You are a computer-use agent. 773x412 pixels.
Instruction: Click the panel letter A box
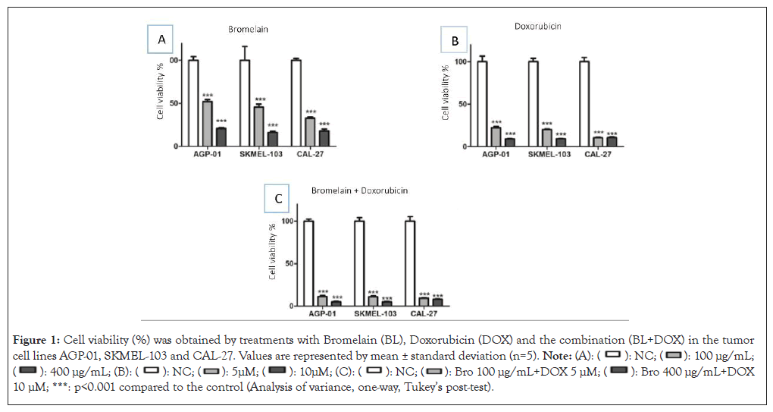click(161, 39)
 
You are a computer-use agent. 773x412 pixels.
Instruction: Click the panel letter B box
click(455, 41)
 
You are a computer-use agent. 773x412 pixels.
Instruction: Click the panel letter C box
click(278, 199)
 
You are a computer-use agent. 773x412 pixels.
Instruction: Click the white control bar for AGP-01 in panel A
click(193, 102)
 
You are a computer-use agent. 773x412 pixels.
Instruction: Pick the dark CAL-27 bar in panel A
click(324, 138)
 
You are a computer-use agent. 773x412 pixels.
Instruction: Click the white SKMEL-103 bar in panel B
click(534, 103)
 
